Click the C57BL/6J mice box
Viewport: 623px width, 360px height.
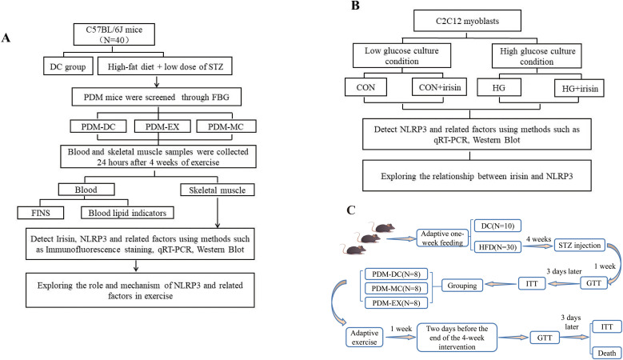coord(114,34)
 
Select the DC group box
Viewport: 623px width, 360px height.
coord(68,66)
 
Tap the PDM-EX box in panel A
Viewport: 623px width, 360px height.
coord(162,126)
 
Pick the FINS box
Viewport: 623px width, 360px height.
coord(41,213)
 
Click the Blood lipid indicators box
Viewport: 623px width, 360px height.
coord(127,213)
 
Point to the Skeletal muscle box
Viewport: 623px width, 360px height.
coord(217,190)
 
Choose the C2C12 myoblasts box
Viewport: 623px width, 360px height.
coord(467,21)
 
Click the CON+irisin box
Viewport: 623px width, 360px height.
coord(440,87)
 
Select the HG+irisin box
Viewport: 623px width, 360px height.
coord(580,88)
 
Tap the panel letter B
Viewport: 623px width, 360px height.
coord(355,6)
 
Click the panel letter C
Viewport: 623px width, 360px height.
coord(350,210)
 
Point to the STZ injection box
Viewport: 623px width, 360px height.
coord(579,245)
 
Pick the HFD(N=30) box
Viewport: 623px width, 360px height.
coord(497,246)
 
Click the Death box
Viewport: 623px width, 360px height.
coord(607,353)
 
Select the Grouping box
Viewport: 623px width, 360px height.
coord(462,286)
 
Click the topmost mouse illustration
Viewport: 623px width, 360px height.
coord(382,227)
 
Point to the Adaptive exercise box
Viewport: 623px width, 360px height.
coord(364,338)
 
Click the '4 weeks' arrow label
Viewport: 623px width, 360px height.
coord(538,239)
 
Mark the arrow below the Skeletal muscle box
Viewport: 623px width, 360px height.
coord(218,212)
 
